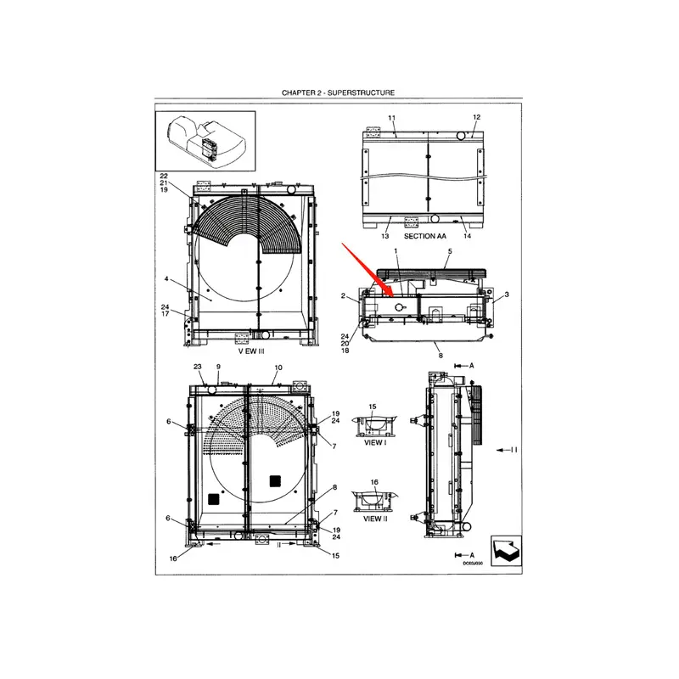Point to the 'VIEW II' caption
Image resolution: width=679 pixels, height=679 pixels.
pos(374,519)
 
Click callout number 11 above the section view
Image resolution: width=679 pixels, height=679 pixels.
pos(391,117)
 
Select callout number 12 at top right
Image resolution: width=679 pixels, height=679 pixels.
pos(476,117)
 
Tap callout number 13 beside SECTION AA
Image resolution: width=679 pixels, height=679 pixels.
pos(386,236)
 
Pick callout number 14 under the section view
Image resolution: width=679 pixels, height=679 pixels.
pos(467,236)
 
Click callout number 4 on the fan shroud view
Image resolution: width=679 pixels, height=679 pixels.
pos(166,278)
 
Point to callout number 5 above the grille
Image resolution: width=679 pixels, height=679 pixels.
pos(450,252)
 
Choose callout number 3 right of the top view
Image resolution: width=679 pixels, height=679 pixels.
pos(506,295)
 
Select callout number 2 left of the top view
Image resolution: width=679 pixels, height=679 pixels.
pos(342,296)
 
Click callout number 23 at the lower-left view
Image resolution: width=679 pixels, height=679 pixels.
pos(197,367)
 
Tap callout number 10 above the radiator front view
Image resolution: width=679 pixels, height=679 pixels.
pos(276,367)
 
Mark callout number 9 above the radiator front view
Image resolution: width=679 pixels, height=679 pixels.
pos(217,367)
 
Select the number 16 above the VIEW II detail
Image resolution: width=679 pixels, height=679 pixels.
pos(374,482)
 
